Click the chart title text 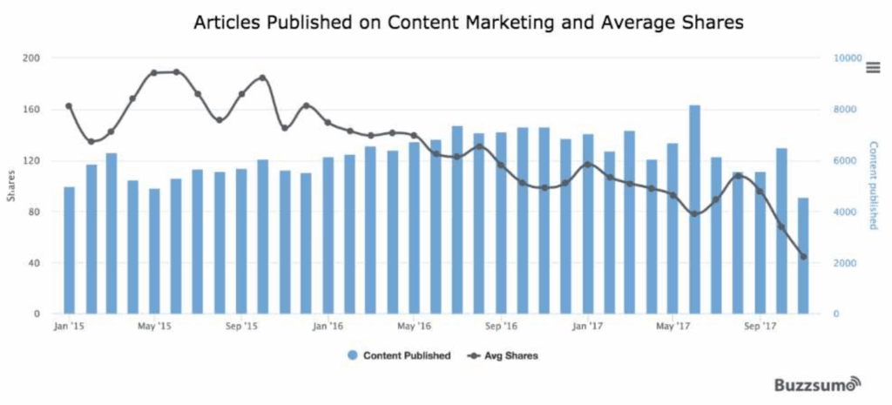tap(468, 24)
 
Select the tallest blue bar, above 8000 tap(694, 209)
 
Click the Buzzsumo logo tap(818, 383)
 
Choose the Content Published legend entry tap(399, 355)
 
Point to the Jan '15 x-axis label tap(69, 327)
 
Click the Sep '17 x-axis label tap(760, 327)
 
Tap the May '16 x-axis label tap(415, 327)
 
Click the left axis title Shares tap(10, 185)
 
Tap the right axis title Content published tap(874, 186)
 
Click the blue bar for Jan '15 tap(69, 251)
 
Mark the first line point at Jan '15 tap(69, 106)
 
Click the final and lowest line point tap(803, 257)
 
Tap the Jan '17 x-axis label tap(588, 327)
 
